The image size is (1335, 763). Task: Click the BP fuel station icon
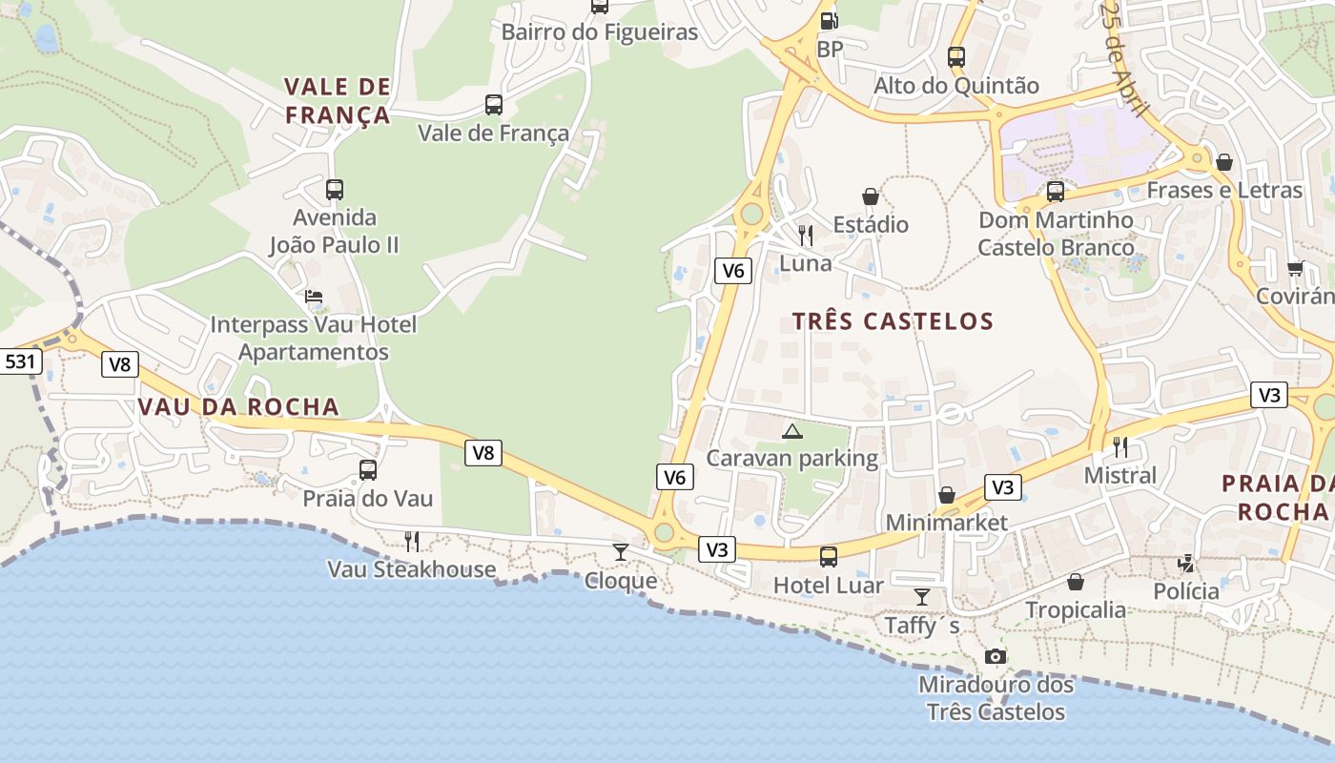click(x=830, y=20)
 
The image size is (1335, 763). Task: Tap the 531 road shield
click(x=19, y=361)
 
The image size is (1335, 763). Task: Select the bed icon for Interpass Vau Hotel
click(x=314, y=297)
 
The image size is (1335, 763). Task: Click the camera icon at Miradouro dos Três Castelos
click(x=996, y=656)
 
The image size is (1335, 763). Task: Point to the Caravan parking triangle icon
click(x=791, y=431)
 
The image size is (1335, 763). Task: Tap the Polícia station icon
click(x=1186, y=563)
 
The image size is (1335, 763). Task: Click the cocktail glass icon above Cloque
click(x=621, y=551)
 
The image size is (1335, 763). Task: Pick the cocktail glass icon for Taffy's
click(x=921, y=597)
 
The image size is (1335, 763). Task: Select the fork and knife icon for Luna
click(x=806, y=235)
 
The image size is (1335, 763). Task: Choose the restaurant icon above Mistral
click(x=1120, y=446)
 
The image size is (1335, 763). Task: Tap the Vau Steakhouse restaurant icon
click(x=412, y=542)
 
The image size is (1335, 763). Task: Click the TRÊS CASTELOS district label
click(x=893, y=321)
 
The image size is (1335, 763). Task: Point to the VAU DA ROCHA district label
click(x=238, y=406)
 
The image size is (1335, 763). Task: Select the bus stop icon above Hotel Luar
click(x=829, y=556)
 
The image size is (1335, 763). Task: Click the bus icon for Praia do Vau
click(x=368, y=470)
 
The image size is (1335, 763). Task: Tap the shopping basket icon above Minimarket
click(x=947, y=495)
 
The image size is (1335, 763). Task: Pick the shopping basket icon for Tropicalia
click(x=1076, y=582)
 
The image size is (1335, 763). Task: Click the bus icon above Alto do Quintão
click(x=956, y=57)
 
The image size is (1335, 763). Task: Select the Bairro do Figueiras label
click(x=600, y=32)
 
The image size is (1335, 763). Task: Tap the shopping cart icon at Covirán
click(x=1295, y=268)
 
